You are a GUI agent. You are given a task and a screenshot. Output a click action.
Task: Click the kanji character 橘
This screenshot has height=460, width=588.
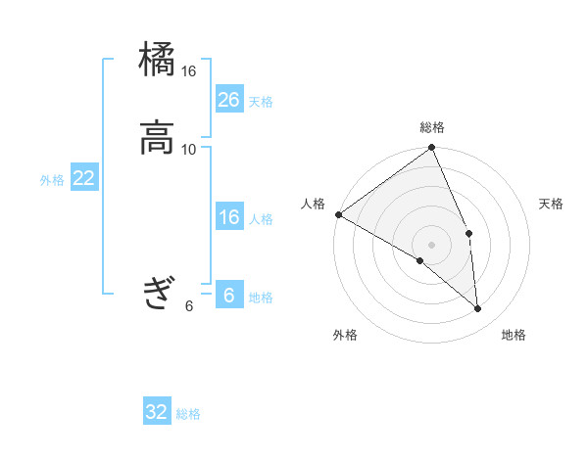tap(157, 61)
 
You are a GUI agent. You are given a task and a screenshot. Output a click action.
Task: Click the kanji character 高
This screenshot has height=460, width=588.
tap(157, 137)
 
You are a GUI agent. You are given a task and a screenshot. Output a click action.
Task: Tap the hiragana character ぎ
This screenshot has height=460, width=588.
tap(157, 293)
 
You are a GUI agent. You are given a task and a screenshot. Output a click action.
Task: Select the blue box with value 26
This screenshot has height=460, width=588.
tap(229, 100)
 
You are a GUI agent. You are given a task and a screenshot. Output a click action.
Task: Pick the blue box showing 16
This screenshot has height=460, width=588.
tap(229, 217)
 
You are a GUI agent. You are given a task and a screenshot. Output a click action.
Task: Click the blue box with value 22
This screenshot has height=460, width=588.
tap(84, 178)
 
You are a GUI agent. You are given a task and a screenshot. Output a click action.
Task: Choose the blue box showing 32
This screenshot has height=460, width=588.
tap(157, 412)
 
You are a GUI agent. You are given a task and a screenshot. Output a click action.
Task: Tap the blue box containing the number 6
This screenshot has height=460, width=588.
tap(229, 296)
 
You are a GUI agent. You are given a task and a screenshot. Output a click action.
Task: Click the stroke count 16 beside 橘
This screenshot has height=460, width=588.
tap(189, 71)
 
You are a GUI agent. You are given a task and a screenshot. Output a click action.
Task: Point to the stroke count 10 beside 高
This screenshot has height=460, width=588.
tap(189, 149)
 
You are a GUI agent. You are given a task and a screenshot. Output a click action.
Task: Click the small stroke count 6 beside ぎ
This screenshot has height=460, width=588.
tap(189, 305)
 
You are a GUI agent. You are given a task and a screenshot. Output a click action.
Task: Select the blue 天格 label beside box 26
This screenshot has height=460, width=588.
tap(261, 102)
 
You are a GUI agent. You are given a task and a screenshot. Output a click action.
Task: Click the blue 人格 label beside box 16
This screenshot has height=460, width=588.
tap(261, 219)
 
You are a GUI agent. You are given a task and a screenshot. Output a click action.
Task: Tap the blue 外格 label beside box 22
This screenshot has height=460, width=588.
tap(52, 180)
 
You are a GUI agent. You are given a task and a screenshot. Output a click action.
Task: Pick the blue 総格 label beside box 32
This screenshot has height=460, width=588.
tap(188, 414)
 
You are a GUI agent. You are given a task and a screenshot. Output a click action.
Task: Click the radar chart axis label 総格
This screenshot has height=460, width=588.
tap(432, 127)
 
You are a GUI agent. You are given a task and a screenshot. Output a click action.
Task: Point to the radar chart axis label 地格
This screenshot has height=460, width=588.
tap(514, 336)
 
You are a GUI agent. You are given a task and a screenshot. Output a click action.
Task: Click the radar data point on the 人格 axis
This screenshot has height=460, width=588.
tap(338, 214)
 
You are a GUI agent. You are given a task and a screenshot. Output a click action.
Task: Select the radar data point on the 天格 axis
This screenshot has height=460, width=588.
tap(469, 233)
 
